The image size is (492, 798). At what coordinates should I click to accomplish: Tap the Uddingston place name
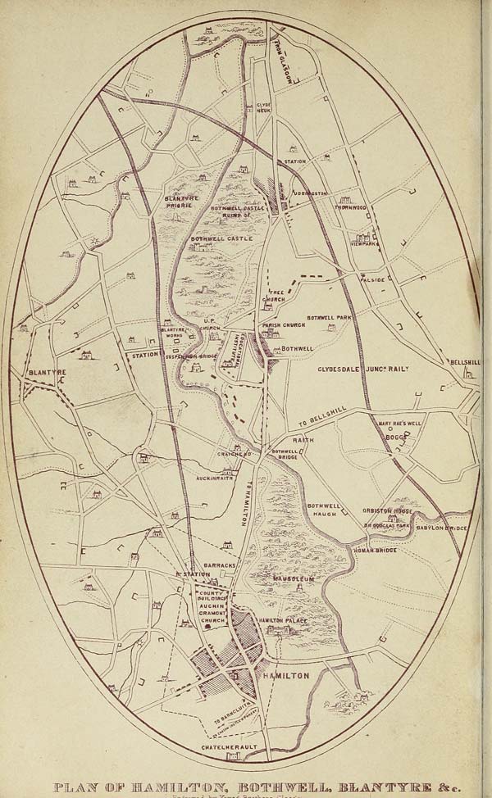310,193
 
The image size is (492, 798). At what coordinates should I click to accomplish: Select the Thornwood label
351,207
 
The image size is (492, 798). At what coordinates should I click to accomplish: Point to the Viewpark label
364,244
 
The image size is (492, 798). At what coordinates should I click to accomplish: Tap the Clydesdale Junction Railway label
363,370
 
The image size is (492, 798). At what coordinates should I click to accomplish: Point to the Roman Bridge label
376,551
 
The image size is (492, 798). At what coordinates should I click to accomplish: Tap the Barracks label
220,565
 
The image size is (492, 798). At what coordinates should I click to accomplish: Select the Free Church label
273,295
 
